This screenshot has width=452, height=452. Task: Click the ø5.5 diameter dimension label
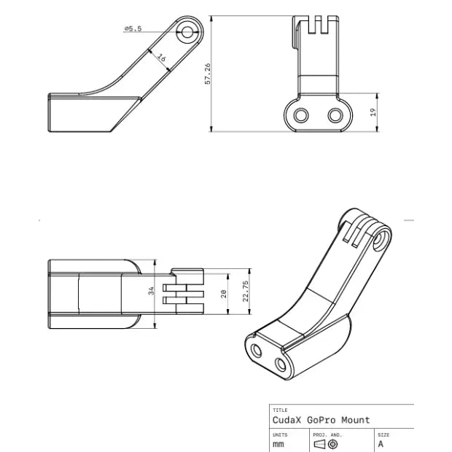tap(133, 28)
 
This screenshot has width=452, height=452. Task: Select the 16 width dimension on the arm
tap(161, 58)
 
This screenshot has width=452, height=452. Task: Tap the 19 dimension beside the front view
tap(373, 112)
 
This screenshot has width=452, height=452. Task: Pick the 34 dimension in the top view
tap(152, 290)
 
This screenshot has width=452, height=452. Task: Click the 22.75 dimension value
tap(246, 291)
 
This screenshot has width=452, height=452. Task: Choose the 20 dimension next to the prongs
tap(224, 293)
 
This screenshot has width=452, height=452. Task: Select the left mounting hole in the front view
tap(300, 114)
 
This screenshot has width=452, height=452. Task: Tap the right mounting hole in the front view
tap(335, 114)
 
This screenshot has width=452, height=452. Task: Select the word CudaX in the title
tap(287, 420)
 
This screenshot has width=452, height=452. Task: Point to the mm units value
tap(278, 443)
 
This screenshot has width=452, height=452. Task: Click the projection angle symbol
tap(325, 443)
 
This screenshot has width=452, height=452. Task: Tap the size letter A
tap(381, 443)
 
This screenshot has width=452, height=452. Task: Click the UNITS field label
tap(280, 434)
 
